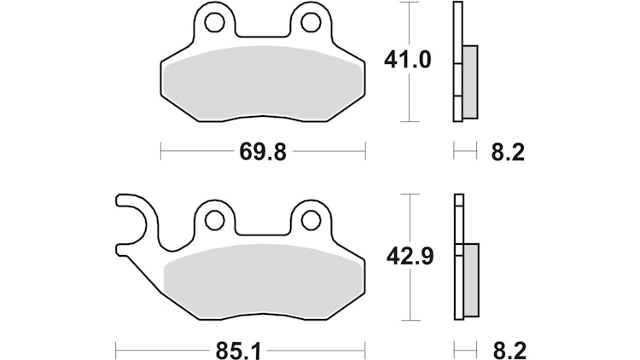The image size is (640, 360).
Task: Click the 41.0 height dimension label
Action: [407, 61]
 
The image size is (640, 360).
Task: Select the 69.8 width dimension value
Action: [263, 152]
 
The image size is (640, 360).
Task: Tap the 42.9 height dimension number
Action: [410, 257]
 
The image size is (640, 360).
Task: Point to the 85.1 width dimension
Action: [238, 351]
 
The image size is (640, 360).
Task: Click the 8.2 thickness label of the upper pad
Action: [508, 152]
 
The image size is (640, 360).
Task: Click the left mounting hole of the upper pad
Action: [214, 22]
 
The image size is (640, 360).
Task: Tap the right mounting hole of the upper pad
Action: [311, 22]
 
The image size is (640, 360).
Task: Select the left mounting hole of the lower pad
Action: [214, 221]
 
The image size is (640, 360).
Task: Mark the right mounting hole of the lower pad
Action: [311, 221]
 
